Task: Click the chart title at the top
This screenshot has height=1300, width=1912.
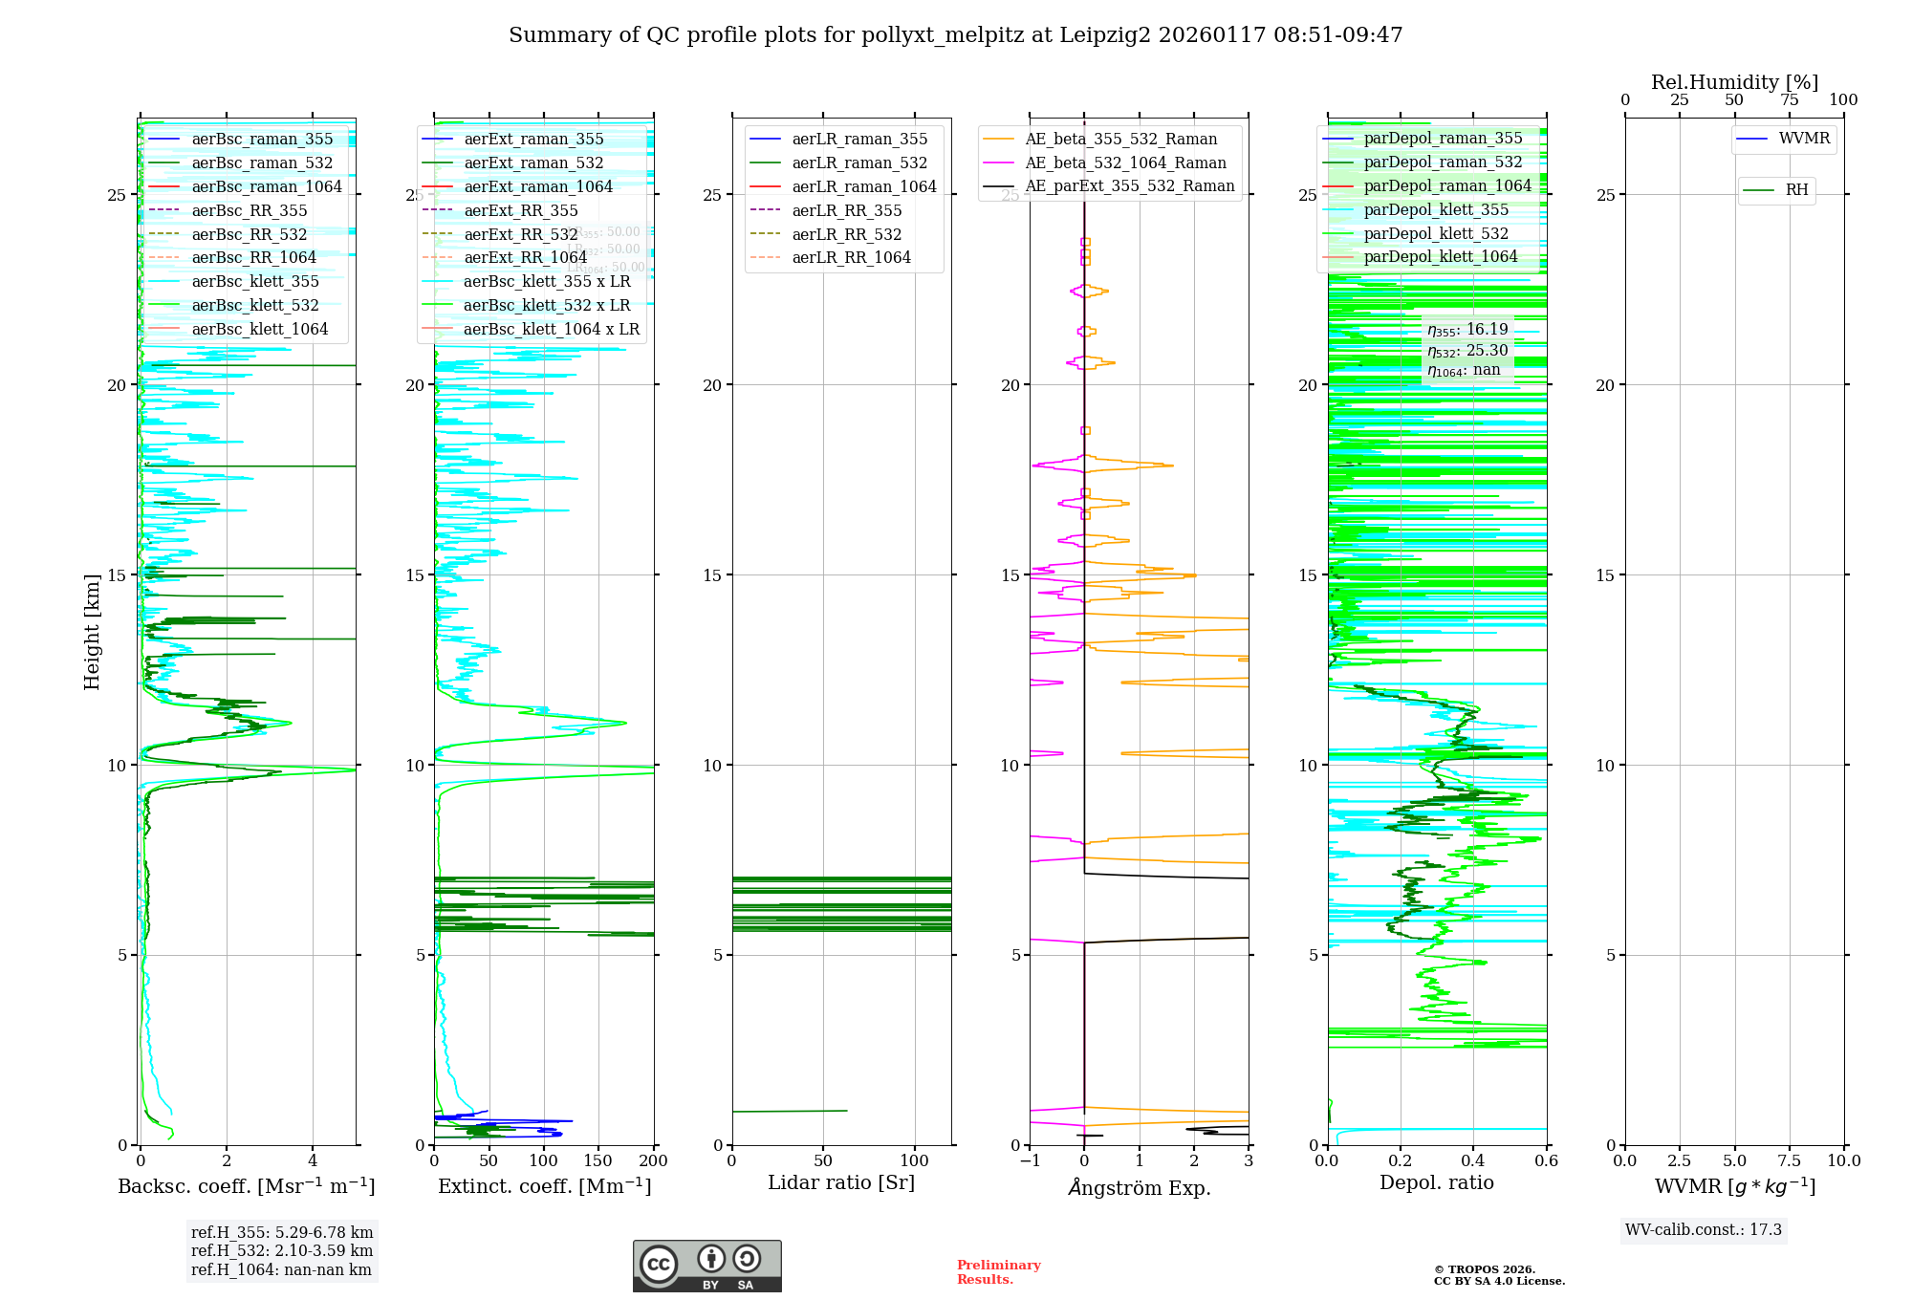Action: coord(955,35)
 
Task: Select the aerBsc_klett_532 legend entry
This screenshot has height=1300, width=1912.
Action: coord(255,305)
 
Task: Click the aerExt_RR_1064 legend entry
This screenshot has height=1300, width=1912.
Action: coord(525,257)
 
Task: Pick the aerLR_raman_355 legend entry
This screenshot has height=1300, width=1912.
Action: coord(858,139)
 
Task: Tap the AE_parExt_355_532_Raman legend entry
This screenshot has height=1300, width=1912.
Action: coord(1129,185)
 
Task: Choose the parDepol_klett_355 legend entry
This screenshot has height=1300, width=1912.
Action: coord(1435,209)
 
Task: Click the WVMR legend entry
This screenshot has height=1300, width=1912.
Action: coord(1804,139)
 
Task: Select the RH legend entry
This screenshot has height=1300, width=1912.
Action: coord(1796,190)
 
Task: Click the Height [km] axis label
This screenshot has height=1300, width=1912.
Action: coord(92,631)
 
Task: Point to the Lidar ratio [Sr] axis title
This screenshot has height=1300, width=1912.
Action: coord(841,1182)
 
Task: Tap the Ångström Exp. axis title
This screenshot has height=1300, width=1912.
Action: coord(1139,1187)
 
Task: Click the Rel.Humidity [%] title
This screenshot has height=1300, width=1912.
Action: coord(1734,82)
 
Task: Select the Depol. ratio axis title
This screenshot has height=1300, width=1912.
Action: coord(1436,1182)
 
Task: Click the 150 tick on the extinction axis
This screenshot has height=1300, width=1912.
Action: coord(598,1161)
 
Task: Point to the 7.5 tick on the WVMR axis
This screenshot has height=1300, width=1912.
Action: coord(1790,1161)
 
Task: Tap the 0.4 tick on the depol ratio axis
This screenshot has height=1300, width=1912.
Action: coord(1473,1161)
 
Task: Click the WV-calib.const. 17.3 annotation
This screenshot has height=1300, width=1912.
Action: coord(1704,1229)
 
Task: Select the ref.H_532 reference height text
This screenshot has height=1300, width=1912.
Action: coord(282,1250)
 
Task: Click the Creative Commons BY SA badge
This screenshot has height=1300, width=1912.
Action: coord(706,1266)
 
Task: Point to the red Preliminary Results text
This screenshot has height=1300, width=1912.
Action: coord(998,1271)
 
